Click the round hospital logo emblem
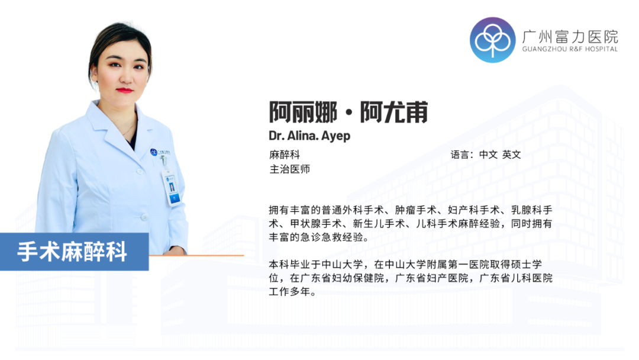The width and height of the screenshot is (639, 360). pos(492,40)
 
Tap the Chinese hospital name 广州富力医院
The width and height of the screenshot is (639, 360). pos(570,35)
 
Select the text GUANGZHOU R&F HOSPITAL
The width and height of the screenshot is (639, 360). pos(570,49)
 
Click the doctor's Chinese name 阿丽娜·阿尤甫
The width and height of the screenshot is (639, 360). pos(348,112)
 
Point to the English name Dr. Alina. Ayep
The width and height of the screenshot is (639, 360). pos(309,136)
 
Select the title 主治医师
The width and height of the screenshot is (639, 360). pos(289,169)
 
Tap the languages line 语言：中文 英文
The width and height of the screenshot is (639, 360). pos(486,155)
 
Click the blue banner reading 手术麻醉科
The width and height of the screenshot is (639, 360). pos(73,252)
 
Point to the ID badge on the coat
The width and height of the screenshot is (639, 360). pos(172,188)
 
